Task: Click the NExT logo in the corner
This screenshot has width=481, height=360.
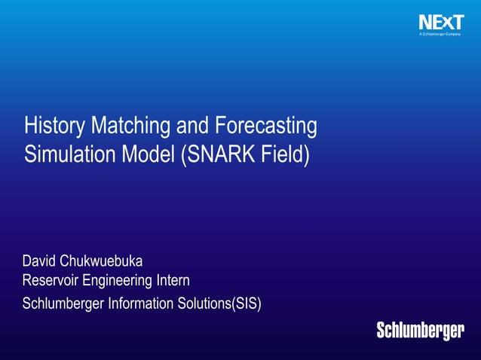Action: [x=441, y=23]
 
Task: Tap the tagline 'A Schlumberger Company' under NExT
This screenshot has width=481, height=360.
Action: [x=441, y=35]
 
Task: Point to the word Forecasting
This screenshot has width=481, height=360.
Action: [x=265, y=126]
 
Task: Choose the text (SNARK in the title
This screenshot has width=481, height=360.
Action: [x=215, y=154]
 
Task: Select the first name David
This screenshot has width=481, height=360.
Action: [x=40, y=261]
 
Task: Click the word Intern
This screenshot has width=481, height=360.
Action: [x=173, y=281]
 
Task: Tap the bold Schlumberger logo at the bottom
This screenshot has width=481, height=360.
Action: [x=420, y=331]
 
